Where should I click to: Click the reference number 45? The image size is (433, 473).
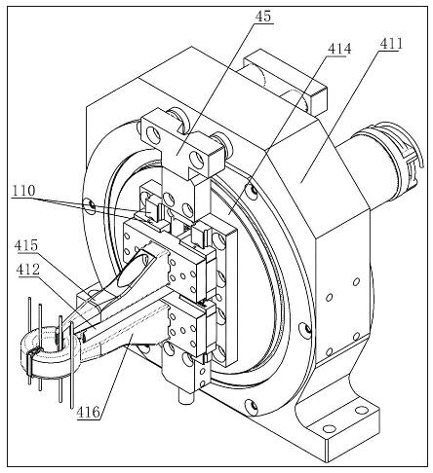263,17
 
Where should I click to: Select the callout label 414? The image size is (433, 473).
339,49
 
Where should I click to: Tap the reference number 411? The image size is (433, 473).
390,44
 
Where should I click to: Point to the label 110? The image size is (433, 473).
22,191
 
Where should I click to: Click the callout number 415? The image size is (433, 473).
26,245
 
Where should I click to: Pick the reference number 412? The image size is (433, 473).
26,270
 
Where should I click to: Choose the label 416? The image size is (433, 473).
89,412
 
